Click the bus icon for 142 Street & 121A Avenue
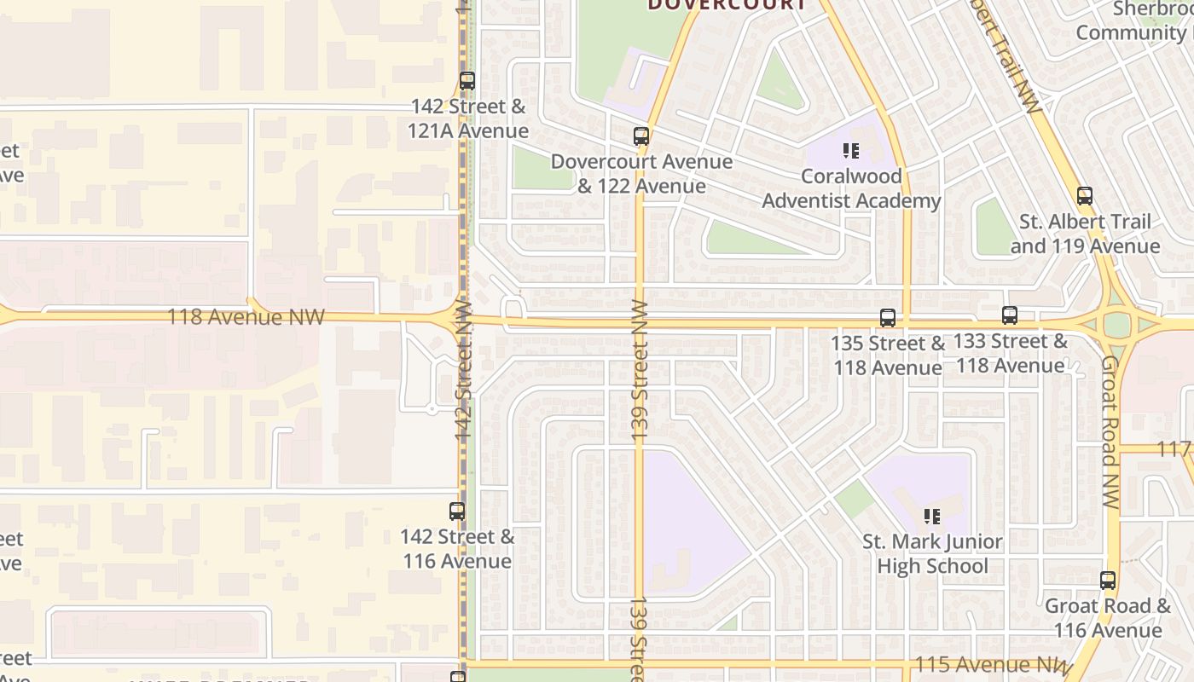coord(467,82)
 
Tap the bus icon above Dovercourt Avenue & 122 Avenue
coord(641,136)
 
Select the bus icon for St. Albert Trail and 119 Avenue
coord(1085,196)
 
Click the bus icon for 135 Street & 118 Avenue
coord(888,318)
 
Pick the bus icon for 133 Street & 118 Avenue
coord(1010,315)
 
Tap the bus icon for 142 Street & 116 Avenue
coord(457,511)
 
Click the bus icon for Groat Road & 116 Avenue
coord(1108,581)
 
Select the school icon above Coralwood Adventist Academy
coord(850,152)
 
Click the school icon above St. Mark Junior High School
coord(932,516)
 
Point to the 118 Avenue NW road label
coord(246,317)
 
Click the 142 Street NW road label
coord(464,371)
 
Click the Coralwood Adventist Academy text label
coord(851,188)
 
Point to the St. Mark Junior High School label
coord(932,553)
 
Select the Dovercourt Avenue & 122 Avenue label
coord(641,174)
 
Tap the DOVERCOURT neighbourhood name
coord(727,5)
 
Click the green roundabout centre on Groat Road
coord(1116,325)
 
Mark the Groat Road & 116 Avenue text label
coord(1108,618)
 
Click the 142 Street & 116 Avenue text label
coord(457,549)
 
